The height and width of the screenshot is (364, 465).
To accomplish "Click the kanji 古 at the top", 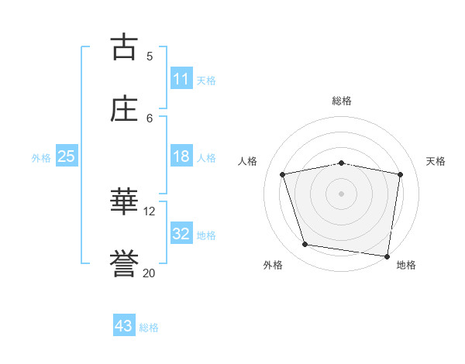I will point(124,46).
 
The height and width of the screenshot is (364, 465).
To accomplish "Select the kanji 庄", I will point(124,108).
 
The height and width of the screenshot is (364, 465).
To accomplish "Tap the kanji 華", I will point(124,201).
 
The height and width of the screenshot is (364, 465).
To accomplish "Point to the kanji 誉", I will point(124,263).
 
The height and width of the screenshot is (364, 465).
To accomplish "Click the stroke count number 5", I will point(150,56).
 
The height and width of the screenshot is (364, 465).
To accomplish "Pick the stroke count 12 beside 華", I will point(150,211).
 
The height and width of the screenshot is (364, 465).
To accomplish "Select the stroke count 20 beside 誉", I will point(150,273).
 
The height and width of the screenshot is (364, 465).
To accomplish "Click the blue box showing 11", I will point(181,79).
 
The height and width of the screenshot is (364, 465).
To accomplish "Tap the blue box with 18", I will point(181,156).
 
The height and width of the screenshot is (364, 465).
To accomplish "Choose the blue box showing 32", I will point(181,234).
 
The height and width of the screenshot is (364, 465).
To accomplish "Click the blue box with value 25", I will point(66,156).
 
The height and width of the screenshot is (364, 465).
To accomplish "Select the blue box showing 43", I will point(124,326).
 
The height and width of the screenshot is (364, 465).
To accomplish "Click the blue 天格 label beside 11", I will point(206,80).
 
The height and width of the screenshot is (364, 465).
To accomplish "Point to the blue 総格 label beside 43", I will point(149,327).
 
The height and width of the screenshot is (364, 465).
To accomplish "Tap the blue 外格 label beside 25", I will point(41,157).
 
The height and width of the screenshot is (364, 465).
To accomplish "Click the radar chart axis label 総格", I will point(341,101).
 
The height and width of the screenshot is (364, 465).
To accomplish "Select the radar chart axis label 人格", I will point(248,161).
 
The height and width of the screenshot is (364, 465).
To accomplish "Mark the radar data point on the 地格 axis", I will point(387,256).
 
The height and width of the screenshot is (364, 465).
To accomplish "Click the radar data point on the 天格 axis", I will point(401,174).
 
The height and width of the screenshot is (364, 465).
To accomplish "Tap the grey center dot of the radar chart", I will point(341,193).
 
